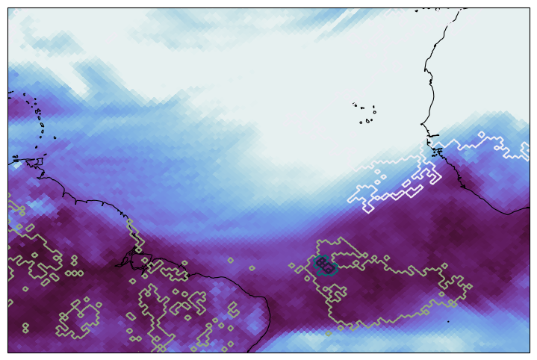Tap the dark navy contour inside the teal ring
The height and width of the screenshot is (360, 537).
coord(324,263)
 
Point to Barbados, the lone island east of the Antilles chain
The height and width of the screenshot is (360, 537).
coord(55,137)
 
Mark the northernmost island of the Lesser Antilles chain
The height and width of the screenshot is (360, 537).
coord(25,95)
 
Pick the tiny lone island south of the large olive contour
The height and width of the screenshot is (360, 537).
coord(448,321)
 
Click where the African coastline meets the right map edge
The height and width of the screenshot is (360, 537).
coord(529,208)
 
